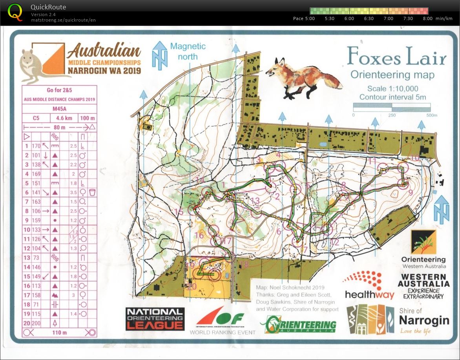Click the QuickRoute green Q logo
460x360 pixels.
tap(15, 12)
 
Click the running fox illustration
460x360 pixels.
tap(303, 78)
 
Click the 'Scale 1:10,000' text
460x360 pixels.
tap(392, 89)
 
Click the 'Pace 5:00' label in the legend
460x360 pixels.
tap(304, 18)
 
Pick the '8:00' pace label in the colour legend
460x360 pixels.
tap(428, 18)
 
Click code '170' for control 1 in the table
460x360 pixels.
tap(36, 146)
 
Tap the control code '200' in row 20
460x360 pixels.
tap(36, 323)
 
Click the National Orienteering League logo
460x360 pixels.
tap(155, 318)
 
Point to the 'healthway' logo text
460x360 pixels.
tap(369, 294)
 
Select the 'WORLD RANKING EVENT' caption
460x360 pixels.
tap(222, 333)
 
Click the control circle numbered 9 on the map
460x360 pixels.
tap(403, 183)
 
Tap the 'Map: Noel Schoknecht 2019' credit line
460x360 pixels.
tap(290, 287)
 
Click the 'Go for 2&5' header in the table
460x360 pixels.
tap(59, 90)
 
